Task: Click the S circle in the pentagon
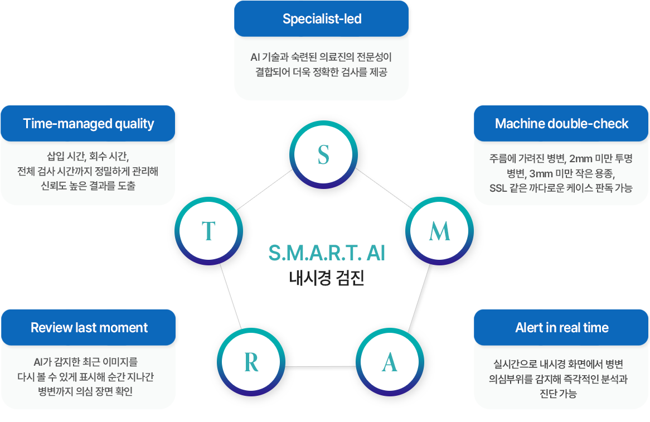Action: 323,154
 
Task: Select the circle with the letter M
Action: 439,231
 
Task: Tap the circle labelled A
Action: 390,362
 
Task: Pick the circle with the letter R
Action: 251,362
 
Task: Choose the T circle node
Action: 208,231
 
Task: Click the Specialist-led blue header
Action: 321,18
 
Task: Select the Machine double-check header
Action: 561,124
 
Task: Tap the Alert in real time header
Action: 561,327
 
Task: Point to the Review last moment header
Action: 88,327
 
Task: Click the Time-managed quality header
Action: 88,124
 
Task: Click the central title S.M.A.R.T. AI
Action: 327,253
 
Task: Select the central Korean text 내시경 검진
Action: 327,278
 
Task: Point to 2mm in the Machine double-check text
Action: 580,159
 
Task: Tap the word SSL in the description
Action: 498,188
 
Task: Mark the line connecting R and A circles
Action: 321,366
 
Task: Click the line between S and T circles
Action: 264,189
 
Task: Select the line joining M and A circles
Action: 419,298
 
